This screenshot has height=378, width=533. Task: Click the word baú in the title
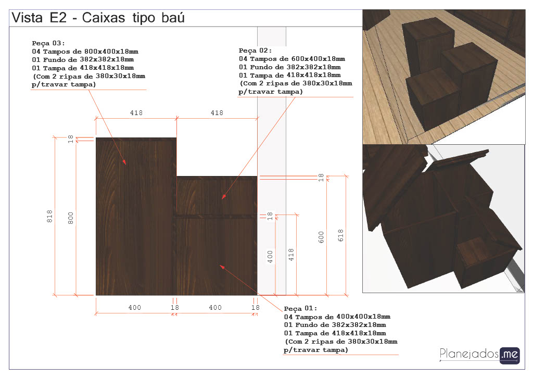[173, 18]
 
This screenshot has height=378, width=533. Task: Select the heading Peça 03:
[48, 43]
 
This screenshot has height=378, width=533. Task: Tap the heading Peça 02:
[255, 51]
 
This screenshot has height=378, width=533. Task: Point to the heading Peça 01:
[300, 308]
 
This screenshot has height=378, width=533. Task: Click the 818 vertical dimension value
[49, 216]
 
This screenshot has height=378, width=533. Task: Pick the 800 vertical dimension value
[71, 218]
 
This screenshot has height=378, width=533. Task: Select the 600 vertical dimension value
[321, 237]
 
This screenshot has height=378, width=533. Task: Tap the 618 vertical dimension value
[340, 235]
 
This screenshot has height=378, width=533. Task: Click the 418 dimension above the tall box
[136, 113]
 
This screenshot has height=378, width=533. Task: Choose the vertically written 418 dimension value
[291, 255]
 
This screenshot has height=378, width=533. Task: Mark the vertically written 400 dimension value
[270, 257]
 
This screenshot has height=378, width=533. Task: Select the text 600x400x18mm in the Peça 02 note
[318, 59]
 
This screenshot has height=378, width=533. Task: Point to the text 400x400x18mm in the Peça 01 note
[363, 317]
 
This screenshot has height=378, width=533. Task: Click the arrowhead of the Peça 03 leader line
[124, 162]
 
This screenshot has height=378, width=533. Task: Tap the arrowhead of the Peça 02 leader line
[223, 197]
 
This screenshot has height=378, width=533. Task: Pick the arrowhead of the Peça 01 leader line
[222, 267]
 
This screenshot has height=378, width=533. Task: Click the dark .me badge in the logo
[510, 355]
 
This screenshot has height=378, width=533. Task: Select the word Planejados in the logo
[469, 354]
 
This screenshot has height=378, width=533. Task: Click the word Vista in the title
[27, 18]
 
